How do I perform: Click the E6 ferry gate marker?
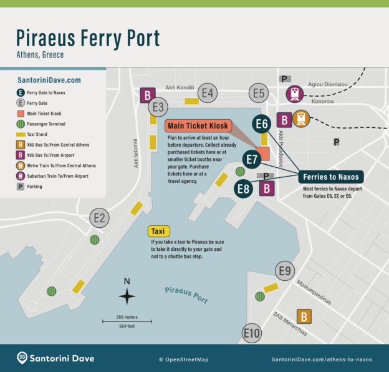(262, 124)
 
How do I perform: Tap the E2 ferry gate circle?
(100, 218)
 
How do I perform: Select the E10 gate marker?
(252, 333)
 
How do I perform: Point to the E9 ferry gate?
(285, 271)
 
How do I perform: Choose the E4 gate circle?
(208, 94)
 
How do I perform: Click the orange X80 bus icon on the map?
(304, 316)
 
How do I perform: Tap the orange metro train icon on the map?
(302, 119)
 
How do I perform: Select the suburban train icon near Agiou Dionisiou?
(294, 94)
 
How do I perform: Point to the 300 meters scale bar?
(127, 321)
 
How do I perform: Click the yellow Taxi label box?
(159, 232)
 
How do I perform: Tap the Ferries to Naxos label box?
(330, 177)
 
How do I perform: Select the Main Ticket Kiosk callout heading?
(198, 125)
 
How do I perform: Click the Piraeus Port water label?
(186, 294)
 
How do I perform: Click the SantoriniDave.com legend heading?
(49, 80)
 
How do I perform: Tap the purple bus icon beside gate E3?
(148, 95)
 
